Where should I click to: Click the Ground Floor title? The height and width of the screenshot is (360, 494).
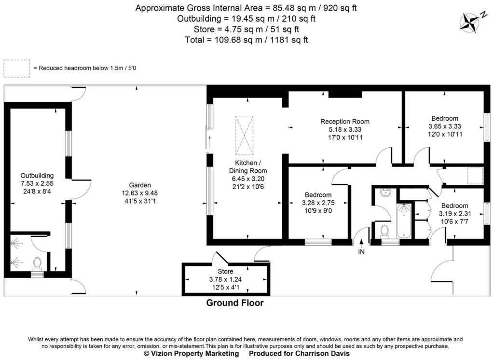point(235,303)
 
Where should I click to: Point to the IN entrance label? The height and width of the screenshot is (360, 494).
point(361,251)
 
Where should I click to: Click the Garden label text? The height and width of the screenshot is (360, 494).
point(140,185)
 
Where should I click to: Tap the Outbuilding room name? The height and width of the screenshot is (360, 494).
point(37,175)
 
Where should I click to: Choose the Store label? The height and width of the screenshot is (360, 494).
point(225,272)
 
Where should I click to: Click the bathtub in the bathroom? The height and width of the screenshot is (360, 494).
point(404,221)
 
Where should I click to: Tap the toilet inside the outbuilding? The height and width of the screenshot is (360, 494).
point(37,263)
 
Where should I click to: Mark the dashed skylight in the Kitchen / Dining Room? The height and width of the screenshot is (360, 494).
point(244,134)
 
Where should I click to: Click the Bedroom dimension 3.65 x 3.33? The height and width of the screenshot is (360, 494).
point(445,126)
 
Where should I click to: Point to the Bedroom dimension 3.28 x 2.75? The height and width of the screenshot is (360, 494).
point(317,203)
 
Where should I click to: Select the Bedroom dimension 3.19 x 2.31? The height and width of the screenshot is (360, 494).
point(454,213)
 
